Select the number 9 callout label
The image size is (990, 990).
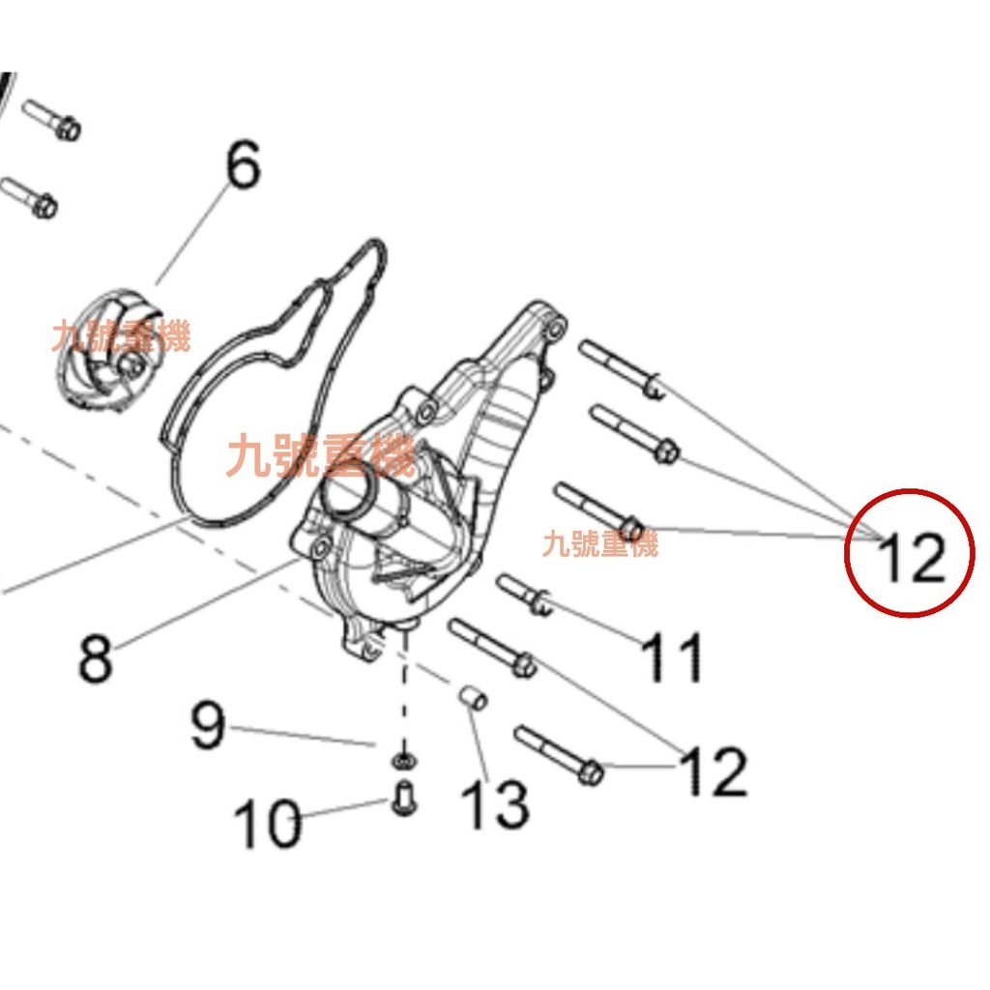click(208, 727)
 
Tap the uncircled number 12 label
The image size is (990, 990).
click(714, 771)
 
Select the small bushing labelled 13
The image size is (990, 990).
click(471, 696)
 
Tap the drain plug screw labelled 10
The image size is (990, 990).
click(406, 799)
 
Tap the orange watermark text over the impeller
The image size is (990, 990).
click(122, 337)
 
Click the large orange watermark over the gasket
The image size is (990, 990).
click(319, 455)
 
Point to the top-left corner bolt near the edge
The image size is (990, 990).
click(49, 117)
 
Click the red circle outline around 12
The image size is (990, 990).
click(848, 553)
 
